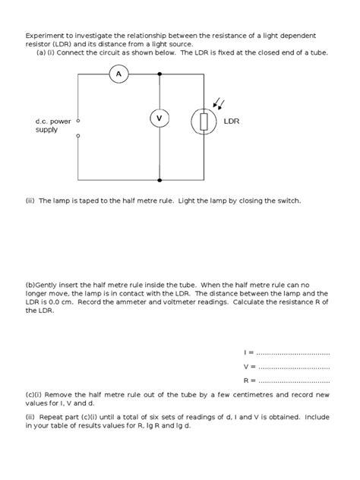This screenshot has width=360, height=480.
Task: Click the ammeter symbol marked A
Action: pyautogui.click(x=118, y=73)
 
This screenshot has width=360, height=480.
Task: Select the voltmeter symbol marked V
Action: pyautogui.click(x=159, y=118)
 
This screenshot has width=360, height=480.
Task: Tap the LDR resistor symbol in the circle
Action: pyautogui.click(x=203, y=121)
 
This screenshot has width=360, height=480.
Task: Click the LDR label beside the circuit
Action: pyautogui.click(x=232, y=121)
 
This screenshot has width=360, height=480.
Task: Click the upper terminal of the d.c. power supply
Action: pyautogui.click(x=78, y=120)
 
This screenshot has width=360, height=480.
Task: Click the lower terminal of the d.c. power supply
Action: pyautogui.click(x=78, y=137)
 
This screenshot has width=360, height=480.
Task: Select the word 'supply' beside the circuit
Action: pyautogui.click(x=47, y=130)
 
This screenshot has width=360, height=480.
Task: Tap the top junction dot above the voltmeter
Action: pyautogui.click(x=159, y=74)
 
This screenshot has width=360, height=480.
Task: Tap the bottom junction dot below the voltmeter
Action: pyautogui.click(x=159, y=180)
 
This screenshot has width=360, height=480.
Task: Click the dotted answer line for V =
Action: pyautogui.click(x=293, y=367)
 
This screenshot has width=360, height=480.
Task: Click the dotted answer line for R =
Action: pyautogui.click(x=293, y=381)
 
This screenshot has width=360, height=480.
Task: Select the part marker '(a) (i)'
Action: pyautogui.click(x=49, y=53)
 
